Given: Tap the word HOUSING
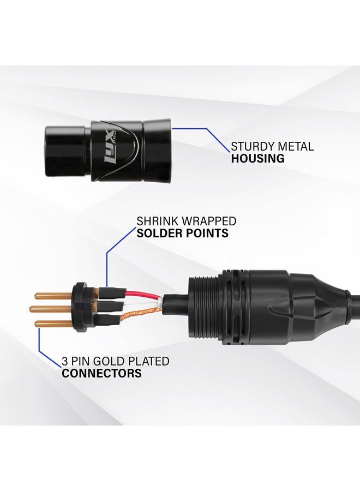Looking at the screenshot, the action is [257, 158].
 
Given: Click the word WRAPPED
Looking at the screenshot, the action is [209, 221].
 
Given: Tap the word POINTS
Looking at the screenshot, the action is [206, 233].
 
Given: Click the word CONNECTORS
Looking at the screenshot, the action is [101, 373].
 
